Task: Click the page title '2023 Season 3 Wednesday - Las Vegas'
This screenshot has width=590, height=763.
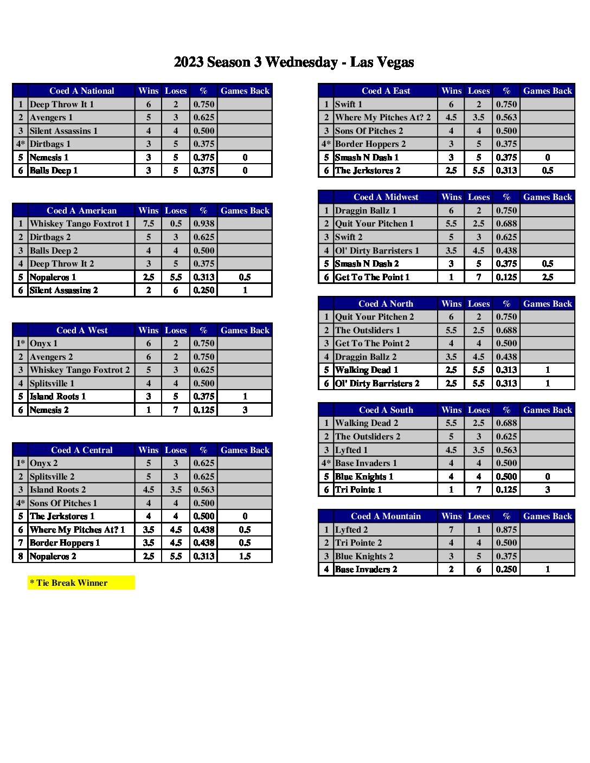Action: [294, 62]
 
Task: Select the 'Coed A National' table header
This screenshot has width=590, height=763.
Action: [81, 91]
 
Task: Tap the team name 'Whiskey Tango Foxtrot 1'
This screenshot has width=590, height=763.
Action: [80, 224]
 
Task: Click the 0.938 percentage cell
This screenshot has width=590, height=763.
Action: [204, 224]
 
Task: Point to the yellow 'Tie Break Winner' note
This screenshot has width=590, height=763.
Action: [81, 583]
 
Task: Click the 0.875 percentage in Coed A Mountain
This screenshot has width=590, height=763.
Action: [506, 530]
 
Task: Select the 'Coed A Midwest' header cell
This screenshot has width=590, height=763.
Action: [386, 197]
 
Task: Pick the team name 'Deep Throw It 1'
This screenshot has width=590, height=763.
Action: [62, 105]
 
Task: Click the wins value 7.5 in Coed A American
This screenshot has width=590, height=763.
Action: [149, 224]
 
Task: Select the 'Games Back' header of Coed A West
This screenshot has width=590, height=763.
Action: [245, 331]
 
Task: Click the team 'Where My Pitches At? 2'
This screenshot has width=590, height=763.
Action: [383, 118]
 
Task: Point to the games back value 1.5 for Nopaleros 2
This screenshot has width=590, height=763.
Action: [245, 557]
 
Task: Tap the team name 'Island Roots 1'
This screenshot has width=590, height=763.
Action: [57, 397]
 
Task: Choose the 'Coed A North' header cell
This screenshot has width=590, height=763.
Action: [386, 304]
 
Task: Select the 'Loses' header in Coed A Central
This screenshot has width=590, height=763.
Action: [176, 450]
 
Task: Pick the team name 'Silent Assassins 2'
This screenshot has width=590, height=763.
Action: [64, 290]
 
